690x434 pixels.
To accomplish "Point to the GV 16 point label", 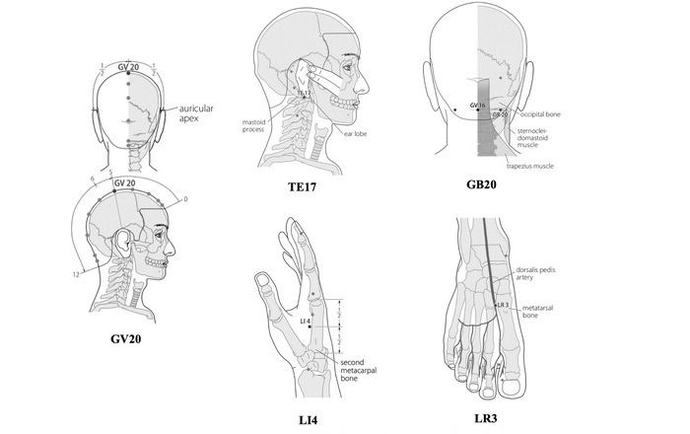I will [478, 105].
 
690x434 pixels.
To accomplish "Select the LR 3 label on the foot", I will [503, 306].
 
